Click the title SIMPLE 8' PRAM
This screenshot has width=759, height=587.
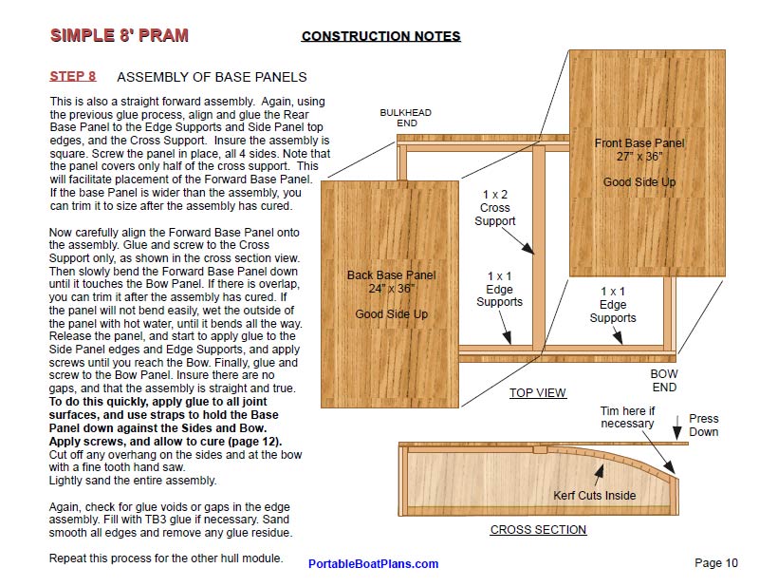pos(119,36)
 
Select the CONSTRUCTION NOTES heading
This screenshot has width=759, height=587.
pos(380,37)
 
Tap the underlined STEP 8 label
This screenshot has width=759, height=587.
pos(72,77)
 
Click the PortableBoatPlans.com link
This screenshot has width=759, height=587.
pos(373,564)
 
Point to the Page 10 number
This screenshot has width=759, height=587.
pos(715,563)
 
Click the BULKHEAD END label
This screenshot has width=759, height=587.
pos(405,118)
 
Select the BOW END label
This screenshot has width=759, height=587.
pos(664,381)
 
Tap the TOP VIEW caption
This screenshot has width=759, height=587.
pos(537,393)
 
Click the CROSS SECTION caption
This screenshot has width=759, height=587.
pos(538,530)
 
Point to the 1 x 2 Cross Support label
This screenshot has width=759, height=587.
pos(495,208)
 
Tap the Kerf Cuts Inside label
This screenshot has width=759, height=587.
pos(595,496)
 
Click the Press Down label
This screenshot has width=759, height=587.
pos(704,426)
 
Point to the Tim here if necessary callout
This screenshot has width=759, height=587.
pos(627,418)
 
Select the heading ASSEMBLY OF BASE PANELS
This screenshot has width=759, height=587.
pos(212,77)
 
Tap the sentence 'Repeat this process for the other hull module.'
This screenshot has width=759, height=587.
pos(166,559)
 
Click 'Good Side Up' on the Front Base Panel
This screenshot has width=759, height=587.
pos(639,181)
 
